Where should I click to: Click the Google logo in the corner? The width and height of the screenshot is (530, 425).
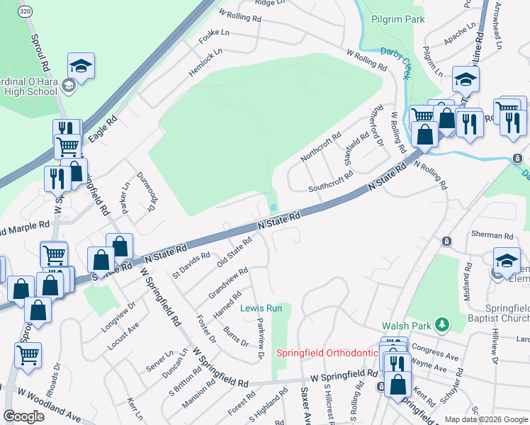click(x=25, y=416)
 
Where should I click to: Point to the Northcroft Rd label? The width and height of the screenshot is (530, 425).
click(x=320, y=147)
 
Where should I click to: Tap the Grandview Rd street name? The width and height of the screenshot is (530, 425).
click(x=227, y=283)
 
